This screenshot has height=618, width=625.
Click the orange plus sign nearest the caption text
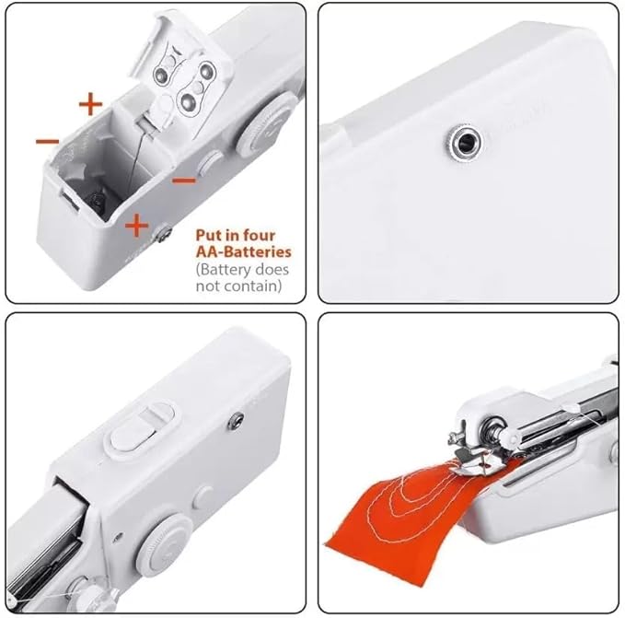coord(135,225)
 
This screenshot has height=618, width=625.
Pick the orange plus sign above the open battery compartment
coord(89,104)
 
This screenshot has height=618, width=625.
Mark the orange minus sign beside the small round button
coord(184,179)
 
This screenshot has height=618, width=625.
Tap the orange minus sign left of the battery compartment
coord(48,141)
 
